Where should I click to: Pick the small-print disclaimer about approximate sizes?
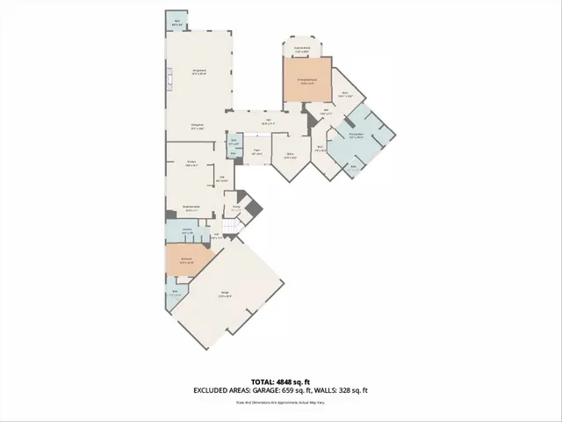tap(281, 403)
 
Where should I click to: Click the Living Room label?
tap(199, 71)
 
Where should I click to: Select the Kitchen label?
tap(191, 163)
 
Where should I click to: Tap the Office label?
tap(289, 157)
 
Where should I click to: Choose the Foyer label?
tap(256, 150)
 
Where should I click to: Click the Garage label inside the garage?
tap(225, 293)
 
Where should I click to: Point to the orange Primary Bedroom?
tap(306, 81)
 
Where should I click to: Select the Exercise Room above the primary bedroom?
tap(301, 49)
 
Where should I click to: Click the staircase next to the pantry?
tap(230, 229)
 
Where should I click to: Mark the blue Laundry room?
tap(186, 231)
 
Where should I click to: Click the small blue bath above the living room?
tap(177, 21)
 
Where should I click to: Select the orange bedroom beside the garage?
tap(186, 259)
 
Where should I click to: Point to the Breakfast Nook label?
tap(191, 210)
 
